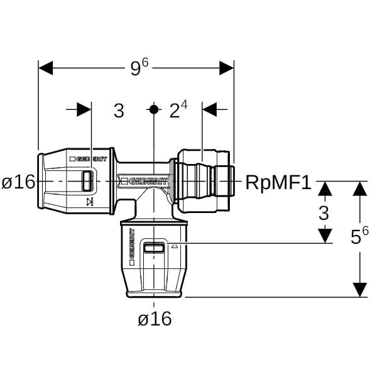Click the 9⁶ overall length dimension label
[139, 68]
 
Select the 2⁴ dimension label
[178, 111]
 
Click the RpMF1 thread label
[278, 183]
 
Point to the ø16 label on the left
[18, 183]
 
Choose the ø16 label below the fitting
[155, 319]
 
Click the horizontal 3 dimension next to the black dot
[118, 111]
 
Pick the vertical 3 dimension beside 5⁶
[324, 213]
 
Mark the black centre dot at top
[154, 109]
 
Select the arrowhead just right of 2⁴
[209, 110]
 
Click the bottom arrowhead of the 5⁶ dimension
[359, 289]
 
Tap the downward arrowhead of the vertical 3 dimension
[324, 236]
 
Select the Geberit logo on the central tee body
[148, 182]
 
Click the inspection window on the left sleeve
[89, 182]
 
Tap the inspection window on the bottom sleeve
[154, 248]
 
